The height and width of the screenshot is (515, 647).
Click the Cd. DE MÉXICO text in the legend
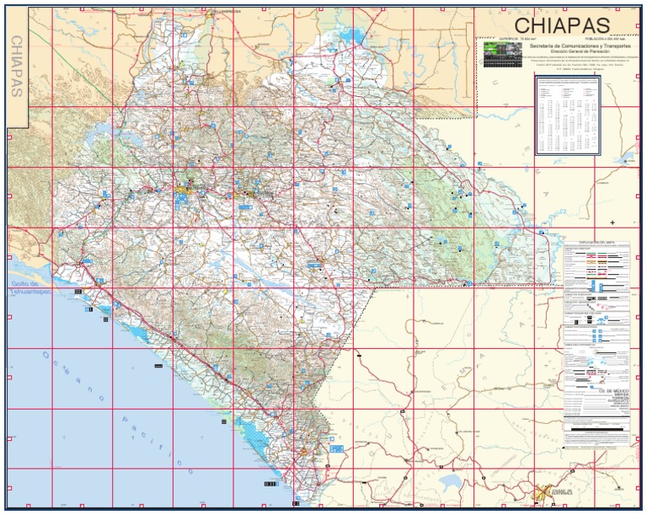[596, 391]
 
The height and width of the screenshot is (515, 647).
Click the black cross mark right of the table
[612, 222]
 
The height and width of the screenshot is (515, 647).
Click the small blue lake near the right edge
[628, 158]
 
